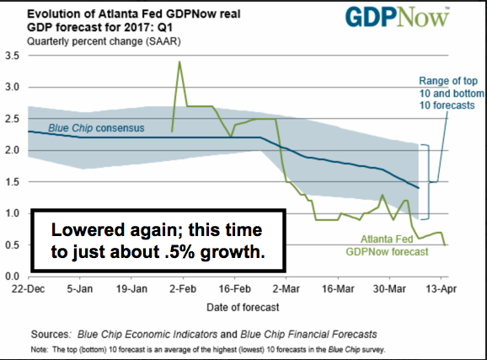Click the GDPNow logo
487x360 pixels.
pos(397,18)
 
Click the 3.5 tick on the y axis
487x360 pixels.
pos(13,56)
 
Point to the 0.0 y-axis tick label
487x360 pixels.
pos(13,276)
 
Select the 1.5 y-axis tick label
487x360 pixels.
pos(13,181)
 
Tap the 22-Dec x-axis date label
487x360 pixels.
pos(29,289)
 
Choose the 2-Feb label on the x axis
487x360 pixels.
pos(183,289)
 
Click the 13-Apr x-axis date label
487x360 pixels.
pos(441,289)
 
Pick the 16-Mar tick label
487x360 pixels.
pos(338,289)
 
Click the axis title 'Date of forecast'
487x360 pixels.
pos(243,308)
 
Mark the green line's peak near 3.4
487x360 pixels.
pos(179,62)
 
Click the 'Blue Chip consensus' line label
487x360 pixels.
pos(96,128)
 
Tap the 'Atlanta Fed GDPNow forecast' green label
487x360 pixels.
pos(387,245)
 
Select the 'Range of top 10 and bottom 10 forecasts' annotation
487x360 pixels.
pos(452,93)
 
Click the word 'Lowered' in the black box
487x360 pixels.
pos(88,230)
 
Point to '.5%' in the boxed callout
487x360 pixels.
pos(179,252)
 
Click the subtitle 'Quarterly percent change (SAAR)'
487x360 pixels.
pos(104,41)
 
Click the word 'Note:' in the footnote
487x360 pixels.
pos(39,350)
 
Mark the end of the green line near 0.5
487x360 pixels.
pos(445,245)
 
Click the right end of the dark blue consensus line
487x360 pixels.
pos(419,188)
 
